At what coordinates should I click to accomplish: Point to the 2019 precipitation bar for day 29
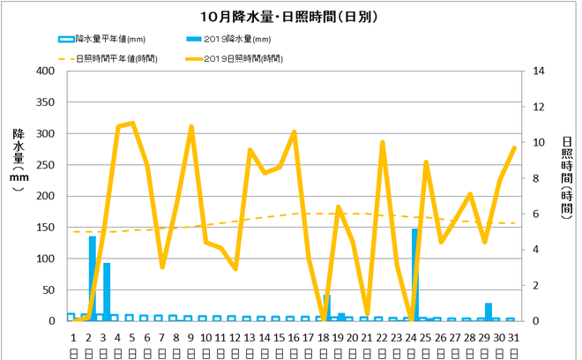(x=488, y=311)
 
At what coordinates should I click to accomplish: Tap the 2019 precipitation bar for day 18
(x=326, y=308)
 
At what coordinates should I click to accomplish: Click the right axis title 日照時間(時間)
(x=566, y=176)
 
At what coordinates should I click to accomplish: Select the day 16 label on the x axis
(x=294, y=338)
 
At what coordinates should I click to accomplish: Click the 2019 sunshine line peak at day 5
(x=132, y=123)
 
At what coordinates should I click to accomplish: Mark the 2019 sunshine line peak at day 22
(x=383, y=142)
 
